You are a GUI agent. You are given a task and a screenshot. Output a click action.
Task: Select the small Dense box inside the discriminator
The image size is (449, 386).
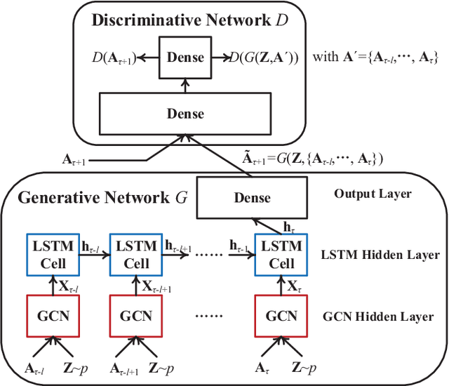[x=185, y=56]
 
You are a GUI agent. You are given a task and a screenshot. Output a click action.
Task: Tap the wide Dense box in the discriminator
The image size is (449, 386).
[x=185, y=112]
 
